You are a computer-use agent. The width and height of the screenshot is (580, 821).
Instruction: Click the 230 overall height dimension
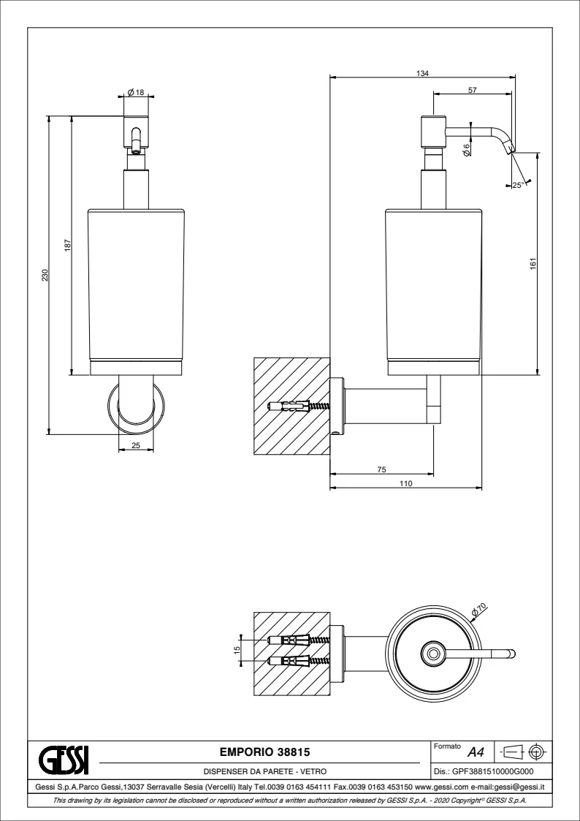pos(45,275)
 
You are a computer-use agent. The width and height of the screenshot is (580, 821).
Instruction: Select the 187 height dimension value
pos(66,246)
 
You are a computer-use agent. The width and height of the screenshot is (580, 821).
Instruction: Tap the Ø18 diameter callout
pos(136,92)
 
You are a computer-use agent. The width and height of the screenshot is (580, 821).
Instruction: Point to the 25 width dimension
pos(136,444)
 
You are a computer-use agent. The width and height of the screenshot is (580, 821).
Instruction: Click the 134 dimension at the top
pos(422,73)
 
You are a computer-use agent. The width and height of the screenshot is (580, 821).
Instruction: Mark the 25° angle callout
pos(517,185)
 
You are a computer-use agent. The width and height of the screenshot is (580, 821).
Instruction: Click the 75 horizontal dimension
pos(381,469)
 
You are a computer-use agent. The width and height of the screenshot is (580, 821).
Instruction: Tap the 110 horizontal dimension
pos(406,483)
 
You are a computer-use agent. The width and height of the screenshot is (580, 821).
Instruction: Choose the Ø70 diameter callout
pos(478,608)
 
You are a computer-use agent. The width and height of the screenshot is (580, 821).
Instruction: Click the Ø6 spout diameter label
pos(466,149)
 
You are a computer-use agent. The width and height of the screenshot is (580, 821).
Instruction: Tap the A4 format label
pos(476,752)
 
